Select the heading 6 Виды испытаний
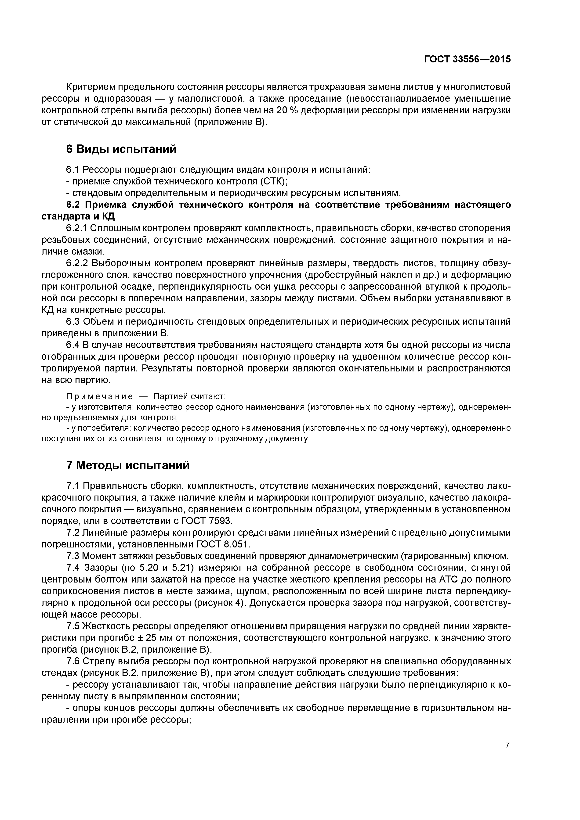[122, 149]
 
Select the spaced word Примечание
[100, 396]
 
